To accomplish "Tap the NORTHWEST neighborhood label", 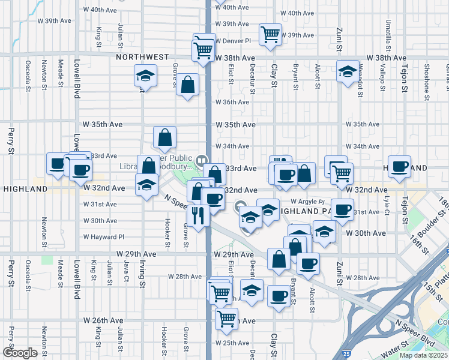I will [x=143, y=57].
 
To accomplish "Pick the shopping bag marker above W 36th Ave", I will [x=188, y=85].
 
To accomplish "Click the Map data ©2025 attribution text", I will [x=423, y=355].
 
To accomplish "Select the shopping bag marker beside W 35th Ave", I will [x=164, y=138].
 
